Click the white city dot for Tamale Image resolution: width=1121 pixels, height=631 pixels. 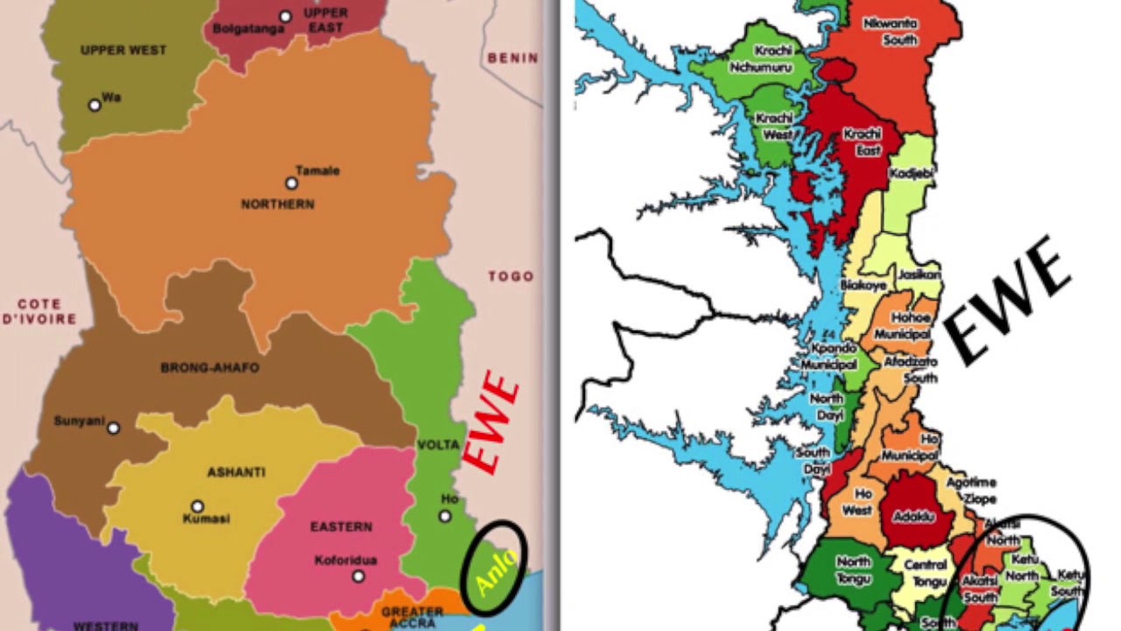click(x=292, y=183)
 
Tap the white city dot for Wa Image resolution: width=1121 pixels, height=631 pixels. click(x=95, y=105)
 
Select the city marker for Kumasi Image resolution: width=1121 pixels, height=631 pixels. click(x=198, y=507)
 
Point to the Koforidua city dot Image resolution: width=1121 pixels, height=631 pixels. click(x=358, y=576)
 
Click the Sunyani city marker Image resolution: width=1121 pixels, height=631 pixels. click(x=113, y=428)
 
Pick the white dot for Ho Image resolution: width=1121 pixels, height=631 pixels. click(x=445, y=516)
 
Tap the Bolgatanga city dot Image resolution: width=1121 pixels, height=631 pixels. click(x=286, y=17)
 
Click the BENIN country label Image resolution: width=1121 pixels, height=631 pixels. click(x=512, y=58)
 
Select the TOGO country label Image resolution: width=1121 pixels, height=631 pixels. click(x=511, y=276)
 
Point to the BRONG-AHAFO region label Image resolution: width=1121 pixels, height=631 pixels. click(x=210, y=368)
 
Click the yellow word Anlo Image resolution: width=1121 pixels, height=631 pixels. click(x=495, y=571)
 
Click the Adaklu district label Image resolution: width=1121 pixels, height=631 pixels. click(x=916, y=517)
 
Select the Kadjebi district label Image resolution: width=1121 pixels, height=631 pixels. click(x=911, y=174)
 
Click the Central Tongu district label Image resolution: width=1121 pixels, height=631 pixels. click(x=926, y=573)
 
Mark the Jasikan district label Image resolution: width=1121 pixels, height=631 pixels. click(x=919, y=274)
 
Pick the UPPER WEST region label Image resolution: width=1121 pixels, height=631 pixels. click(x=123, y=50)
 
